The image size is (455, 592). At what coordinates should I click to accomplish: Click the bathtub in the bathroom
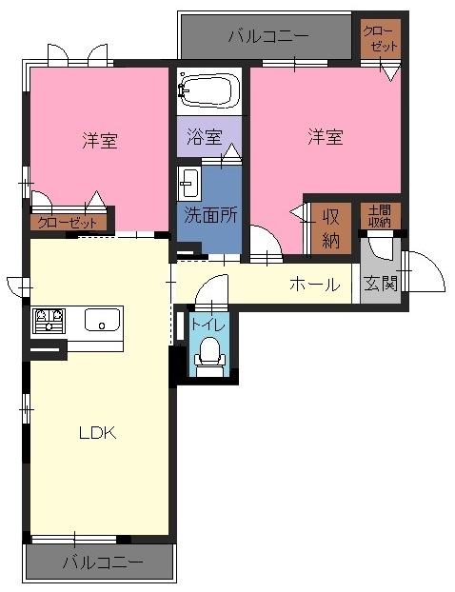click(208, 89)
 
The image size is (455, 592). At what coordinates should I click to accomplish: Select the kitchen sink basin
click(102, 320)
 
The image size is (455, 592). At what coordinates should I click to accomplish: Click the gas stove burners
click(49, 321)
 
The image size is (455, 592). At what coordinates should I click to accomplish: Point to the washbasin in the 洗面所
click(188, 184)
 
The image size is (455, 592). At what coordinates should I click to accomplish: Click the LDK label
click(97, 433)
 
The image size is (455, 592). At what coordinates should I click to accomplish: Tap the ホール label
click(315, 285)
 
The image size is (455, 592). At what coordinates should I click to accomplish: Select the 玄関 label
click(381, 284)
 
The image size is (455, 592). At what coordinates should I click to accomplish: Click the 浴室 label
click(204, 137)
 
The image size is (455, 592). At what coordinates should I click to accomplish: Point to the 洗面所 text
click(210, 215)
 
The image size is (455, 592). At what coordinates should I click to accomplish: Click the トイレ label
click(208, 325)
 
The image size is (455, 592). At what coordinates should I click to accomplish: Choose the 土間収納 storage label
click(380, 216)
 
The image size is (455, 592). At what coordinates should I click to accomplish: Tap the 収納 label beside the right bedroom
click(331, 228)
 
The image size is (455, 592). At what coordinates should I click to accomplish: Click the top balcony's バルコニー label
click(268, 36)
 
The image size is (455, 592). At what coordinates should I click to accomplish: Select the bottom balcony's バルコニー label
click(103, 562)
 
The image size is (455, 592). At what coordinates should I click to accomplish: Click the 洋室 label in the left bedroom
click(100, 140)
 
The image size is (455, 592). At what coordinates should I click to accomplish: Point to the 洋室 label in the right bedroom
click(326, 137)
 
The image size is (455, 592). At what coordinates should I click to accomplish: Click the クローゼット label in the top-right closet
click(380, 39)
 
